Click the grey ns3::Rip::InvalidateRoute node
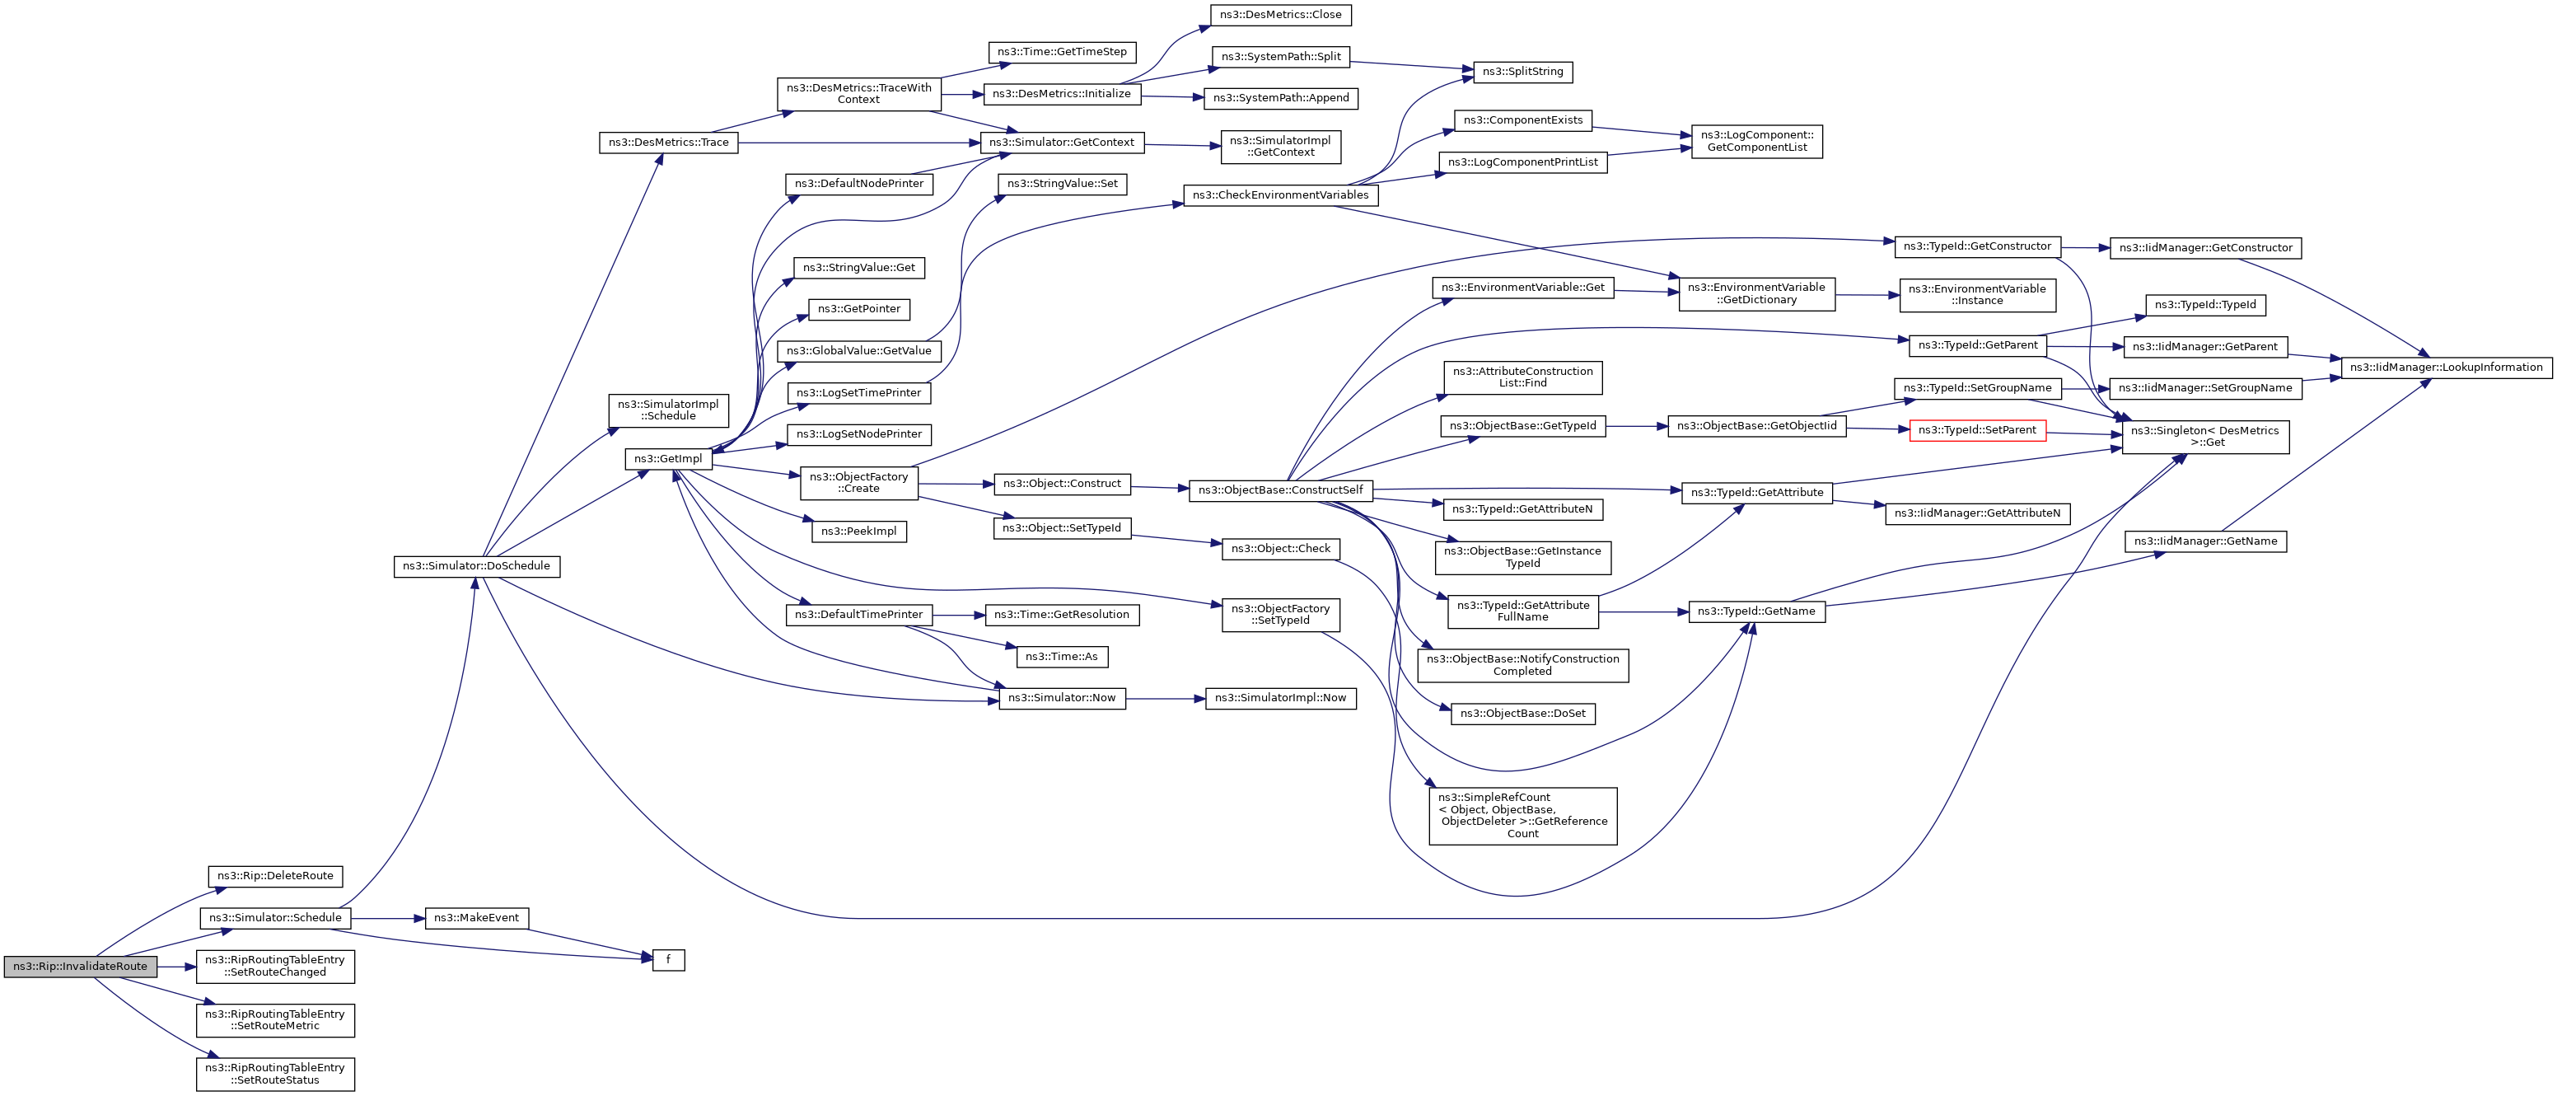point(79,966)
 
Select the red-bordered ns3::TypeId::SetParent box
point(1976,430)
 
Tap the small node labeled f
point(668,960)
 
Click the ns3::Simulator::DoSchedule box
point(476,566)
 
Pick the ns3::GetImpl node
point(668,459)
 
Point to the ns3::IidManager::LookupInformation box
point(2446,368)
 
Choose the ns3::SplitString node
point(1522,72)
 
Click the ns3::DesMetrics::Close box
point(1280,15)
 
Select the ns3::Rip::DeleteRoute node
point(275,876)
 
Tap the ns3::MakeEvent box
point(476,917)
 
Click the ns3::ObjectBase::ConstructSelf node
point(1280,490)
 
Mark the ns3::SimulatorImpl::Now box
point(1280,698)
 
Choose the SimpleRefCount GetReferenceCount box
point(1522,816)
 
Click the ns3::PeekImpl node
point(858,532)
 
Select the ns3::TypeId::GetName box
point(1756,611)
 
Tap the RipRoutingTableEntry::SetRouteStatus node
point(275,1074)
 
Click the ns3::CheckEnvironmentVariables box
point(1280,194)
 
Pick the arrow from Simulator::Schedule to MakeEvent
point(387,917)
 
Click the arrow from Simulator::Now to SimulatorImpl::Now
point(1166,698)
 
